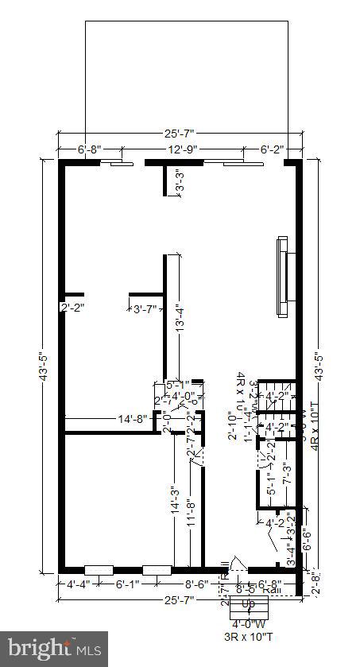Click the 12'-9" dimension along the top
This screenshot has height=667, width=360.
click(183, 149)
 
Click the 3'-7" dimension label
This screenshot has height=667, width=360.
click(145, 308)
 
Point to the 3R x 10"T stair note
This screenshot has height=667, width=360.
click(248, 637)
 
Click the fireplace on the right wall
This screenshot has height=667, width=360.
click(282, 276)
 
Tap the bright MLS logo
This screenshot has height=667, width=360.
click(54, 649)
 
